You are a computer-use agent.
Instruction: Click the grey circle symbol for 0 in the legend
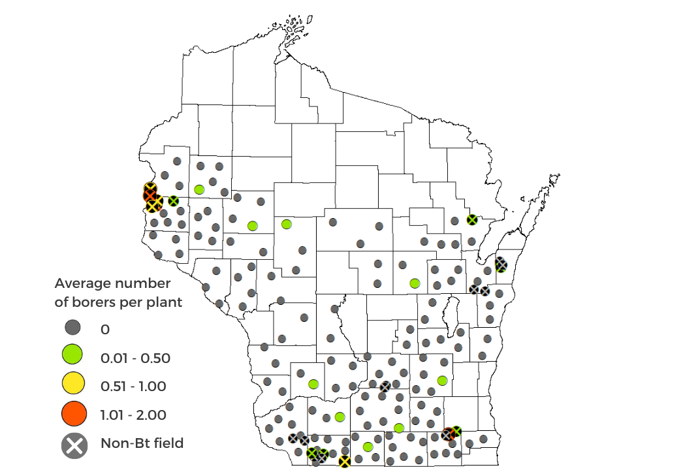pyautogui.click(x=74, y=328)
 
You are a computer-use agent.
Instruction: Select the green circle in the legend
pyautogui.click(x=74, y=356)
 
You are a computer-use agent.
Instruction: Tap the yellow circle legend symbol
pyautogui.click(x=74, y=385)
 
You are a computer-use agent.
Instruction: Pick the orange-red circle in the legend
pyautogui.click(x=74, y=414)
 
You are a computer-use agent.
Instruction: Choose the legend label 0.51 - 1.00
pyautogui.click(x=133, y=386)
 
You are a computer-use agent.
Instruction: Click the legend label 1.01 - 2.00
pyautogui.click(x=133, y=415)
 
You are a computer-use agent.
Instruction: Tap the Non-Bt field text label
pyautogui.click(x=142, y=443)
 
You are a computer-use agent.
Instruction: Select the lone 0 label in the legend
pyautogui.click(x=105, y=328)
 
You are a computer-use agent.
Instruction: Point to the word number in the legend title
pyautogui.click(x=144, y=283)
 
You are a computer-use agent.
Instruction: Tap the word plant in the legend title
pyautogui.click(x=163, y=302)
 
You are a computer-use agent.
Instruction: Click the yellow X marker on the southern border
pyautogui.click(x=344, y=462)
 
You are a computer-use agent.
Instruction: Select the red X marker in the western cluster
pyautogui.click(x=150, y=195)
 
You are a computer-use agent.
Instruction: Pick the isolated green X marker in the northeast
pyautogui.click(x=472, y=220)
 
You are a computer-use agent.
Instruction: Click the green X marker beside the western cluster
pyautogui.click(x=173, y=201)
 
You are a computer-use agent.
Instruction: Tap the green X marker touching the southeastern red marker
pyautogui.click(x=456, y=431)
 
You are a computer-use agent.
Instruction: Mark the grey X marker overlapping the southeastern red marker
pyautogui.click(x=447, y=435)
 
